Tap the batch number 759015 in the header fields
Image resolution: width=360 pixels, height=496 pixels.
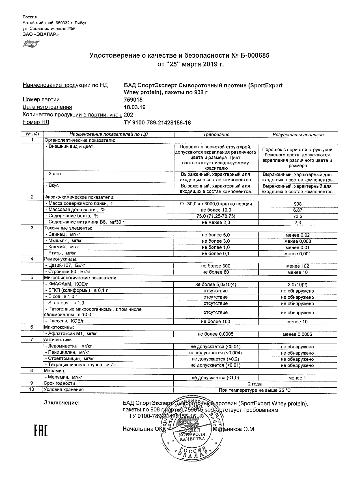coord(133,100)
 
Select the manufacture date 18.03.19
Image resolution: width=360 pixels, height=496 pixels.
coord(135,107)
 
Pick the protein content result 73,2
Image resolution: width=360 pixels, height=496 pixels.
coord(298,216)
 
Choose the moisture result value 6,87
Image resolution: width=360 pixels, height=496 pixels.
coord(298,210)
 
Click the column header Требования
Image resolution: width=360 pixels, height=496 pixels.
coord(216,135)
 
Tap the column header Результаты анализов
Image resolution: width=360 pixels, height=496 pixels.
coord(298,135)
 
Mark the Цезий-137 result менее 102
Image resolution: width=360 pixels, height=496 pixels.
coord(298,266)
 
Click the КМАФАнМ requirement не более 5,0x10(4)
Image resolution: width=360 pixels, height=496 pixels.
coord(216,285)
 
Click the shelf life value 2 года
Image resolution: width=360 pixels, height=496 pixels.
coord(255,384)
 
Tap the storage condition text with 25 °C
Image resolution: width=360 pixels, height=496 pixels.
coord(255,390)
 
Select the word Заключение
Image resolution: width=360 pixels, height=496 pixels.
coord(62,403)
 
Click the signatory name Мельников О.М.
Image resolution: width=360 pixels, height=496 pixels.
coord(234,429)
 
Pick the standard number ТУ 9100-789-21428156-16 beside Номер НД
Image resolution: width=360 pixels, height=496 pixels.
coord(158,122)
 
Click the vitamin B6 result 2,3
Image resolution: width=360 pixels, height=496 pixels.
coord(298,223)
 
